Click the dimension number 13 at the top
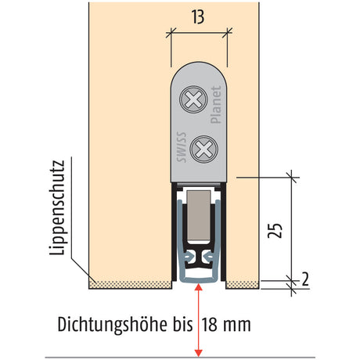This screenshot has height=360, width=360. tap(198, 17)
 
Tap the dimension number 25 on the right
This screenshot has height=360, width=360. tap(275, 231)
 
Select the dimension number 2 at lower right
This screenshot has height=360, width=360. tap(305, 279)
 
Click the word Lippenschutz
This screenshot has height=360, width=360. tap(57, 207)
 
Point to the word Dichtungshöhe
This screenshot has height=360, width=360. tap(112, 325)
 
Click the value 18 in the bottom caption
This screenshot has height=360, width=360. tap(209, 325)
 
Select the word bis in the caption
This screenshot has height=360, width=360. tap(182, 325)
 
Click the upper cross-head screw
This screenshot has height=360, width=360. tap(193, 99)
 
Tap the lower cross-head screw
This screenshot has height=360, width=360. tap(203, 149)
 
